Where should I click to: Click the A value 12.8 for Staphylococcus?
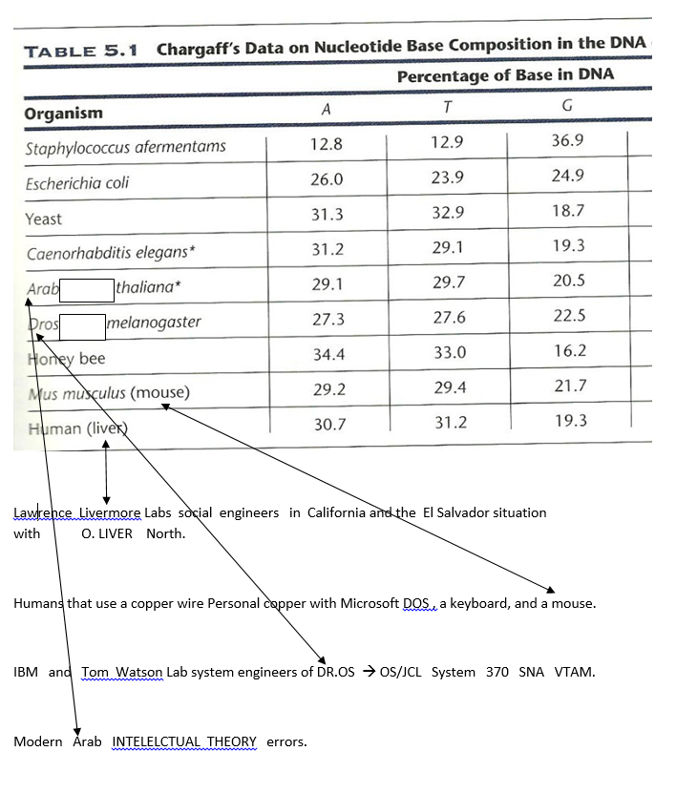click(x=327, y=144)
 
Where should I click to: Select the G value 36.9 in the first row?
click(x=567, y=140)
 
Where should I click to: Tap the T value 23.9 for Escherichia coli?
click(x=448, y=177)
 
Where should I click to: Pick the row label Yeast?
click(x=44, y=219)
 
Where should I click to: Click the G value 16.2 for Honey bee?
click(x=570, y=350)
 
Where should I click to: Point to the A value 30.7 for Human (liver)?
click(x=329, y=424)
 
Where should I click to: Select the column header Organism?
click(x=63, y=114)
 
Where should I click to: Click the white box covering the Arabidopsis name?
click(x=87, y=287)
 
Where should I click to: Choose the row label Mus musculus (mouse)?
click(x=109, y=393)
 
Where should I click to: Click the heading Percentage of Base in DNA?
click(x=505, y=74)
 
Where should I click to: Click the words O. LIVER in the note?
click(x=107, y=533)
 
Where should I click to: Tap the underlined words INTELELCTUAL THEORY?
click(x=184, y=741)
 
